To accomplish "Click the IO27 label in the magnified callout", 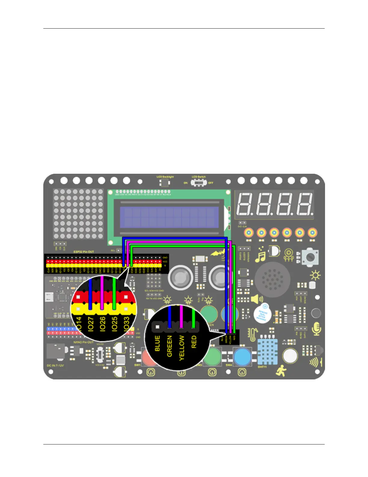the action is click(x=90, y=324).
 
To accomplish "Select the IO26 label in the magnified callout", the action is click(x=103, y=324).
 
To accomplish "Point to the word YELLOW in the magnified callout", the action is click(x=182, y=348).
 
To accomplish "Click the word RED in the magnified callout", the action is click(x=194, y=342).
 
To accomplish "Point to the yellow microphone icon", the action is click(x=317, y=329).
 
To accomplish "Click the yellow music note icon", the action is click(x=260, y=256).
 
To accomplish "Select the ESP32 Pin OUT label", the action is click(x=84, y=252).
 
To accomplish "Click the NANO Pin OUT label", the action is click(x=83, y=342).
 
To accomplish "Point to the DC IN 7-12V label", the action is click(x=55, y=366).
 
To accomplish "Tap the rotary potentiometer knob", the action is click(x=309, y=257).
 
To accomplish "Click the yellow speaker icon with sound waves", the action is click(x=257, y=299).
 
